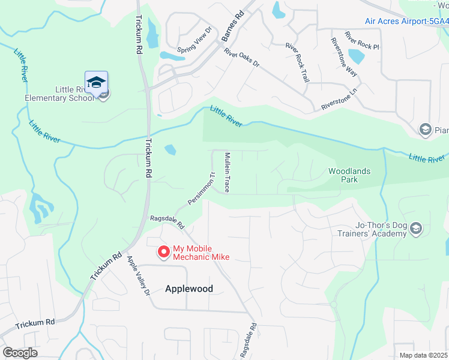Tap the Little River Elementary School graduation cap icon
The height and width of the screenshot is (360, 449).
[96, 83]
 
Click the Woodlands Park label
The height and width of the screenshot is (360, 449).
[349, 175]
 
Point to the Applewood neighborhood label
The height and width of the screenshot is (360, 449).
[189, 289]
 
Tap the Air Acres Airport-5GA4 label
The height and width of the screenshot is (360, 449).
[406, 21]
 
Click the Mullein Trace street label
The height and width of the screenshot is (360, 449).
[228, 172]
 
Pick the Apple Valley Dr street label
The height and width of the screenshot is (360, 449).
[138, 276]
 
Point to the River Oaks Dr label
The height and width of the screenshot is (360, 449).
[241, 58]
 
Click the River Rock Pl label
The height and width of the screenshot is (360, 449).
[362, 40]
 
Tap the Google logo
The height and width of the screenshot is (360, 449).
[20, 353]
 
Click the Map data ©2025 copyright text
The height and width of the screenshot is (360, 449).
[424, 355]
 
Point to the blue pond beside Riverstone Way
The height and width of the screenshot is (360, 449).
[356, 57]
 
